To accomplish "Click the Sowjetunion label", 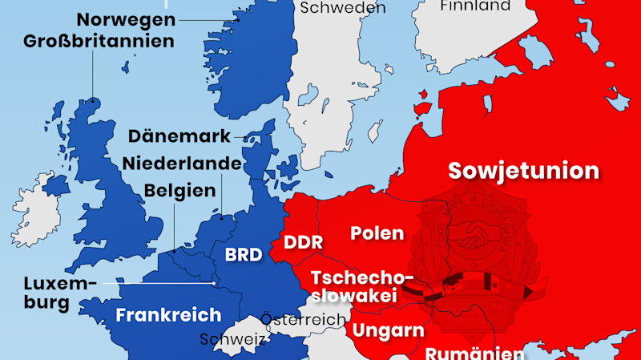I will [523, 171].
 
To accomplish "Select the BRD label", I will [244, 255].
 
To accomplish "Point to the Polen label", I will [377, 233].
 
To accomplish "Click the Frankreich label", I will [168, 314].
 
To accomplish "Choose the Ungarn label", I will [389, 330].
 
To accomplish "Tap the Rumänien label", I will [474, 353].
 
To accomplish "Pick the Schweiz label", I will [232, 339].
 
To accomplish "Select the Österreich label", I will [303, 319].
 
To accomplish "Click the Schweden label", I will [343, 7].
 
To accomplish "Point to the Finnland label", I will [475, 6].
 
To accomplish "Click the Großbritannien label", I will [99, 40].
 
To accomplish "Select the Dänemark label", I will [179, 136].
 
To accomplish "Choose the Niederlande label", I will [182, 164].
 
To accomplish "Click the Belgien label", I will [180, 191].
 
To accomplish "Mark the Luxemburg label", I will [60, 293].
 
